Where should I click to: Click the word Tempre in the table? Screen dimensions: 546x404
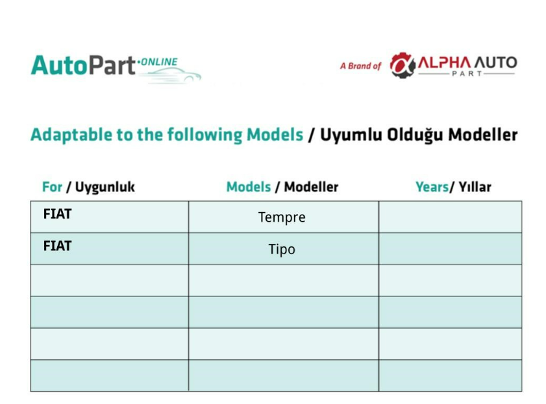pyautogui.click(x=282, y=217)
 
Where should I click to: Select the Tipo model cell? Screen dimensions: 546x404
pyautogui.click(x=284, y=248)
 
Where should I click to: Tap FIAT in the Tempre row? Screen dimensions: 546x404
pyautogui.click(x=57, y=214)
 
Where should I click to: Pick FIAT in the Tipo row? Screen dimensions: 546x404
pyautogui.click(x=57, y=246)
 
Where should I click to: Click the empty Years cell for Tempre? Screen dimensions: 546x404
pyautogui.click(x=451, y=217)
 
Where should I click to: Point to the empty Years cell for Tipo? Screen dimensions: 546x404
pyautogui.click(x=451, y=248)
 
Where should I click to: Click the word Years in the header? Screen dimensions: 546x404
pyautogui.click(x=432, y=187)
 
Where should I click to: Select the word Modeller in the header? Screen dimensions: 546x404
pyautogui.click(x=311, y=187)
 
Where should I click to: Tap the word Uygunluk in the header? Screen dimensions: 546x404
pyautogui.click(x=105, y=187)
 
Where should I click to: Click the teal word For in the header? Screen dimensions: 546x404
pyautogui.click(x=52, y=187)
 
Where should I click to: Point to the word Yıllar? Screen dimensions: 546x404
pyautogui.click(x=475, y=187)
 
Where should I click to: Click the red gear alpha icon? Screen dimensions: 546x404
pyautogui.click(x=403, y=65)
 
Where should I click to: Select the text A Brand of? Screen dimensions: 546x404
pyautogui.click(x=360, y=65)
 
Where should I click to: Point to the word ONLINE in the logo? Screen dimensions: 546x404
pyautogui.click(x=159, y=62)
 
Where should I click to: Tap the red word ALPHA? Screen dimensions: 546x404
pyautogui.click(x=444, y=63)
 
